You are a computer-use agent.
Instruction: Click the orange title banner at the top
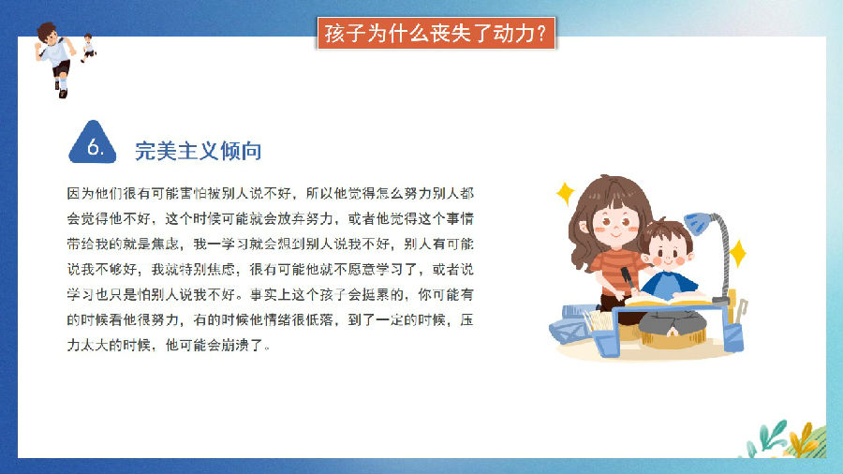point(436,34)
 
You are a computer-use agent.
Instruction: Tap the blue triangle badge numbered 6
point(93,142)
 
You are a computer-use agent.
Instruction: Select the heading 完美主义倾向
point(198,151)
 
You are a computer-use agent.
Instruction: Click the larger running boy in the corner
point(56,59)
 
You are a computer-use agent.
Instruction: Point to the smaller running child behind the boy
point(88,47)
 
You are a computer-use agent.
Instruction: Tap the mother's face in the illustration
point(615,224)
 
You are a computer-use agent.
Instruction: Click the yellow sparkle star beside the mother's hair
point(565,194)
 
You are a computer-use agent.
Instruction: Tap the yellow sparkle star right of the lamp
point(738,253)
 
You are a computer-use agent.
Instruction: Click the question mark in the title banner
point(541,34)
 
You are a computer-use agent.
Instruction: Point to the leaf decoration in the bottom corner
point(785,439)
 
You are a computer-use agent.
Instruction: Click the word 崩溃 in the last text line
point(234,345)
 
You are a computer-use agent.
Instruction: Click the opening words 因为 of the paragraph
point(81,194)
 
